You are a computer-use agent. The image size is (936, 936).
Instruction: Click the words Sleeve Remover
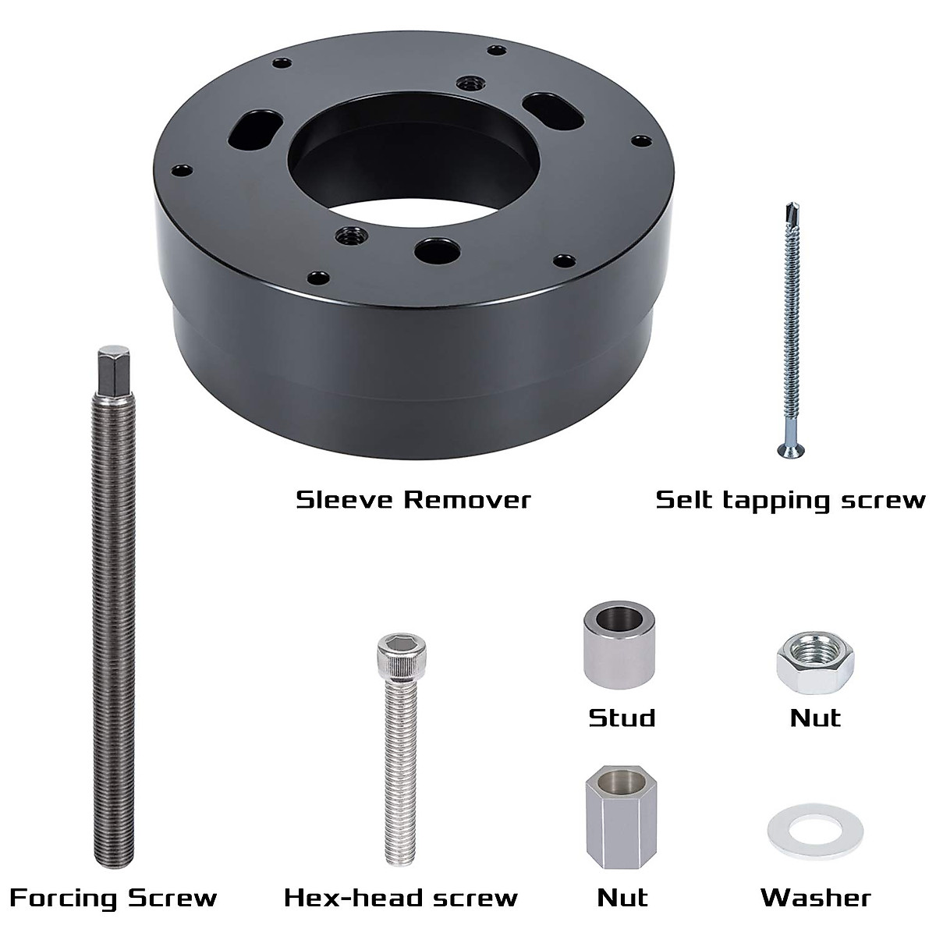(x=413, y=499)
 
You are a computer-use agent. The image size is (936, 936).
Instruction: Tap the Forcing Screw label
(x=113, y=898)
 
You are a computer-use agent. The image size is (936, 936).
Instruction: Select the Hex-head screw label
(x=400, y=898)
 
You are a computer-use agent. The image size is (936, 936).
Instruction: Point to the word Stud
(x=622, y=717)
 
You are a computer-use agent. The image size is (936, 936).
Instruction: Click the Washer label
(x=815, y=898)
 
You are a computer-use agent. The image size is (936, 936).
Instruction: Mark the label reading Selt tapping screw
(x=790, y=499)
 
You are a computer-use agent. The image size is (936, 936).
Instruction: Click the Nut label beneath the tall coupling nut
(x=622, y=898)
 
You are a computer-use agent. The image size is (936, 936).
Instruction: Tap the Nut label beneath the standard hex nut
(x=815, y=717)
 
